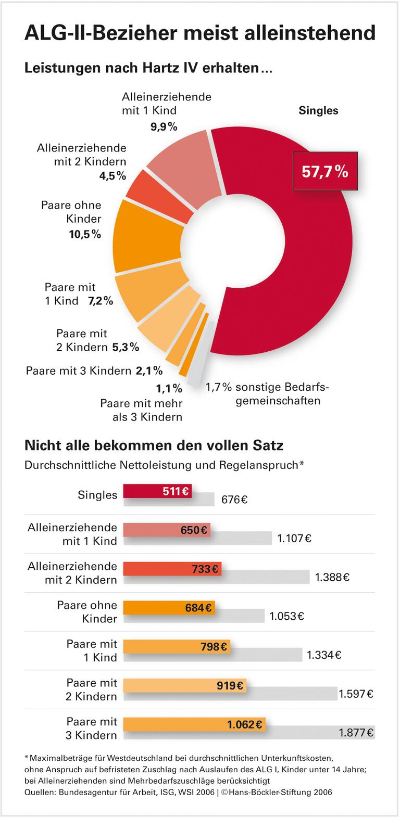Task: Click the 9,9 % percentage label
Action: [164, 126]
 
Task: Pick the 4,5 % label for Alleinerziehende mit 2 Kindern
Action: [113, 176]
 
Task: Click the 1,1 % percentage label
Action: [169, 388]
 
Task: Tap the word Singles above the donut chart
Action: [318, 110]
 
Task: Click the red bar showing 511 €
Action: [157, 491]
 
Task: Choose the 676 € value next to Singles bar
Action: [234, 500]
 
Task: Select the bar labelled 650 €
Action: [166, 530]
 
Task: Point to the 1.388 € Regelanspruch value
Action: [332, 577]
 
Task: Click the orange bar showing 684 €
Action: [168, 607]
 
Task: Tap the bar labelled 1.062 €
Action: [194, 724]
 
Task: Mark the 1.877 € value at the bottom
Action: [356, 733]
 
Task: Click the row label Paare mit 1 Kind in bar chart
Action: [92, 650]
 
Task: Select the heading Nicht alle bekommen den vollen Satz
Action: [154, 445]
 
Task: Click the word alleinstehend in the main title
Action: [304, 32]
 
